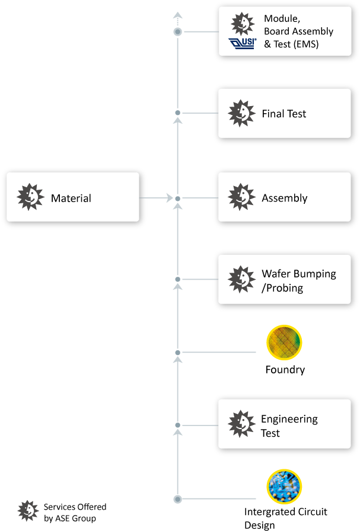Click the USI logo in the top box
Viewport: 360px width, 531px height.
242,44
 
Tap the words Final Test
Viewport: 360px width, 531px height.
284,113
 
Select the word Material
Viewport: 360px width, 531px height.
71,198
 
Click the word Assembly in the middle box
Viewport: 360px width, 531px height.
285,198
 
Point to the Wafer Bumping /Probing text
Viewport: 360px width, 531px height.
299,281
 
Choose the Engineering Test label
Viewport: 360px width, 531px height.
289,426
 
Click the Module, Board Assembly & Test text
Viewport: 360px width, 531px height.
298,31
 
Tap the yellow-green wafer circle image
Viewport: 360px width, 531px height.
284,343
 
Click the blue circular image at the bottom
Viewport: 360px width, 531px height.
284,487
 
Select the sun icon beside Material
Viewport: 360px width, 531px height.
31,197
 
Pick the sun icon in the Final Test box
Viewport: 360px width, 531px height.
242,113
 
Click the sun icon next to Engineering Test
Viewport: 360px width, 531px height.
242,423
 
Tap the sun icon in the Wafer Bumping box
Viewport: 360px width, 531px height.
242,279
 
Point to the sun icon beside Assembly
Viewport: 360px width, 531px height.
242,197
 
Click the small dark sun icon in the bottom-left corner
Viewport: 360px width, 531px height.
28,510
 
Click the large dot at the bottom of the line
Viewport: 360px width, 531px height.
177,499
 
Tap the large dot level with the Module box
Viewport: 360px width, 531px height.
177,31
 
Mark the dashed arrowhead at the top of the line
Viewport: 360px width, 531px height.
177,15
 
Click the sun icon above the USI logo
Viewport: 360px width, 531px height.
241,23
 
